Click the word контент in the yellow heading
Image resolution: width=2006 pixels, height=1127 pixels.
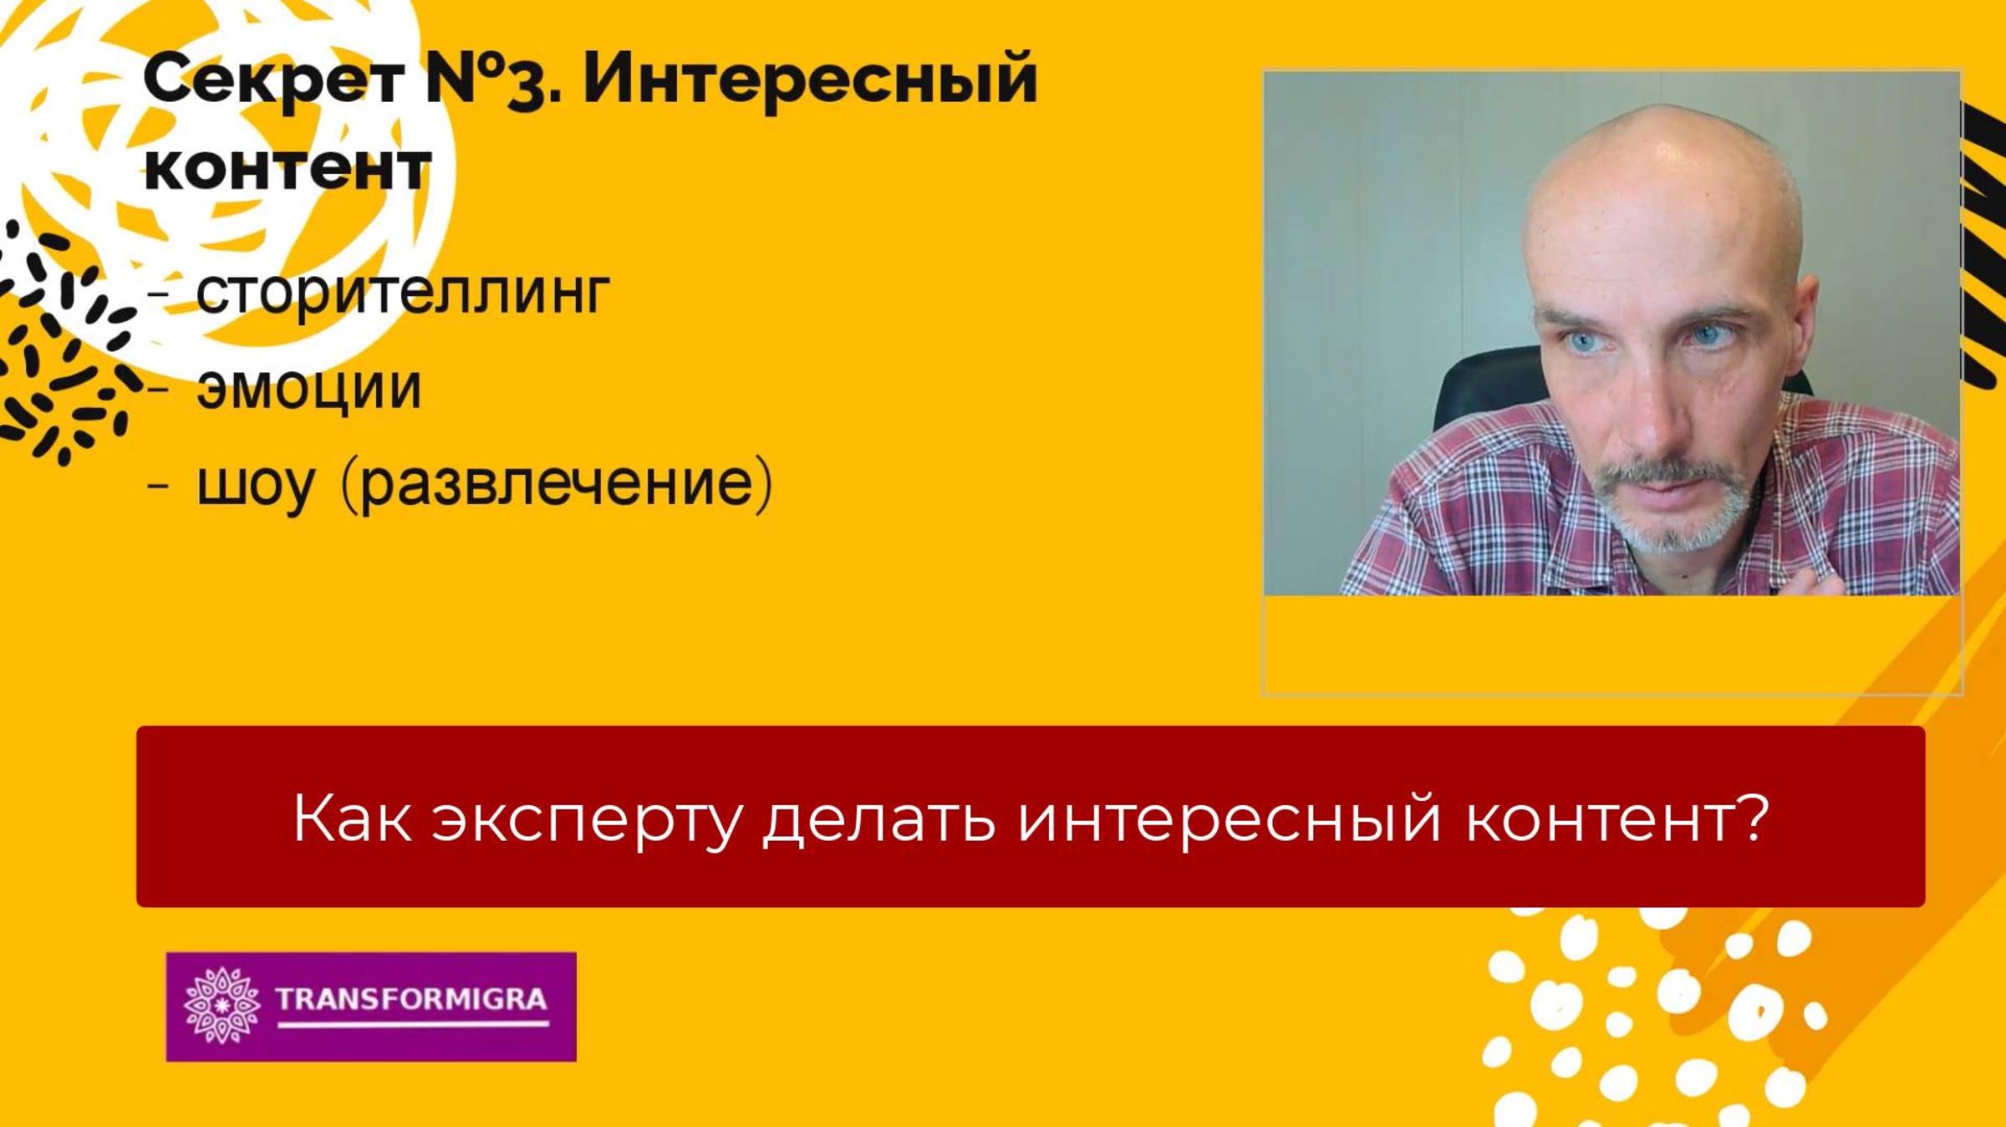click(x=288, y=168)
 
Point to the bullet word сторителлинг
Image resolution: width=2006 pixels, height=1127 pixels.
click(x=403, y=293)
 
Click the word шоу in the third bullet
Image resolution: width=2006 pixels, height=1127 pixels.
click(x=255, y=485)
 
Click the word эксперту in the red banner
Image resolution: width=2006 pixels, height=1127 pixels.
click(x=586, y=819)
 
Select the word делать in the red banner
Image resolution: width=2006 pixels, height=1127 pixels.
click(x=878, y=819)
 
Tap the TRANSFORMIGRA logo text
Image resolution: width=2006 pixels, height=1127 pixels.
click(x=410, y=998)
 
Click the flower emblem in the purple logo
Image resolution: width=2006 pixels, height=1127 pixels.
click(x=221, y=1005)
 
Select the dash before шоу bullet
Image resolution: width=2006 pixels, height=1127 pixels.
click(x=158, y=485)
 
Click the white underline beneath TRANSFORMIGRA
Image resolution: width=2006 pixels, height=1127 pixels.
click(x=413, y=1023)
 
